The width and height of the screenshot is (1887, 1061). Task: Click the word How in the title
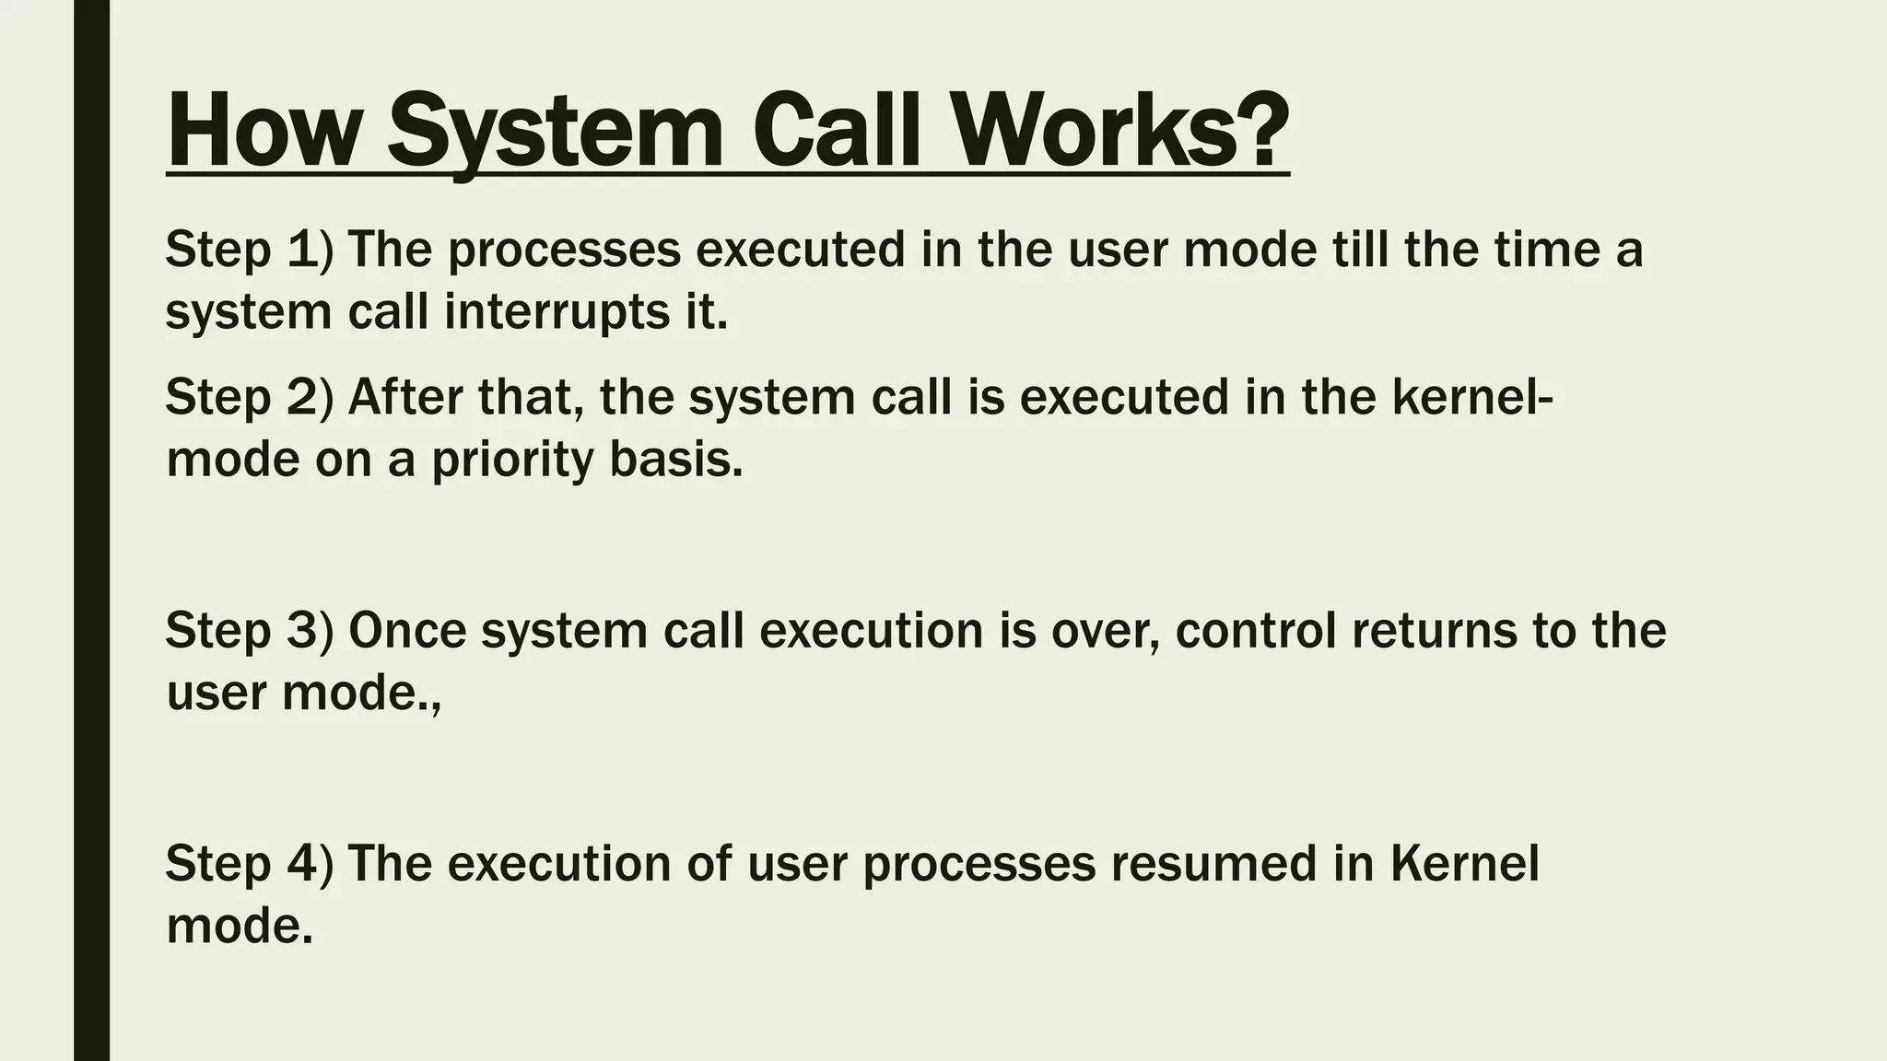pos(263,132)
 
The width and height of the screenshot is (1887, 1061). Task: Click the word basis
pos(675,460)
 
